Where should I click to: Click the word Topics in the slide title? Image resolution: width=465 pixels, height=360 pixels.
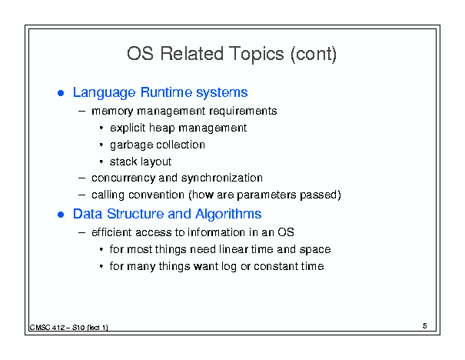pos(256,55)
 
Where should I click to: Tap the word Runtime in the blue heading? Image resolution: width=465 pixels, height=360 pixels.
pos(166,92)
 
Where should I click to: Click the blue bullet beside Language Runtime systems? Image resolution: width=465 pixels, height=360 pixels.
pos(61,93)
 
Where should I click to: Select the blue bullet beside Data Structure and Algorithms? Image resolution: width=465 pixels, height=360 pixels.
pos(61,215)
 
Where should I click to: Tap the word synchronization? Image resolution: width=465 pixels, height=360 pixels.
pos(222,178)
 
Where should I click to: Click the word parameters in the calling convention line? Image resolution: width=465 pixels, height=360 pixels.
pos(267,195)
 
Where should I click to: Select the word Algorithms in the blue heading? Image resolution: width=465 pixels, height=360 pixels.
pos(228,215)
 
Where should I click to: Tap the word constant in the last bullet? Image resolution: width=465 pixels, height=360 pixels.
pos(276,266)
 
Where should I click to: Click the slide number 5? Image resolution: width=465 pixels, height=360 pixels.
pos(425,326)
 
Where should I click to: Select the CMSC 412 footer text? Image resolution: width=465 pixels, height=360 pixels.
pos(69,328)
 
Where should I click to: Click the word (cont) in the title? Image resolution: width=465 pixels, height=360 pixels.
pos(314,55)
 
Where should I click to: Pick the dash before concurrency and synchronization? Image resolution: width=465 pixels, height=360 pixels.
pos(81,178)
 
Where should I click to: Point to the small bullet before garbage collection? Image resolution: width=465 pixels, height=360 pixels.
pos(101,145)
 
